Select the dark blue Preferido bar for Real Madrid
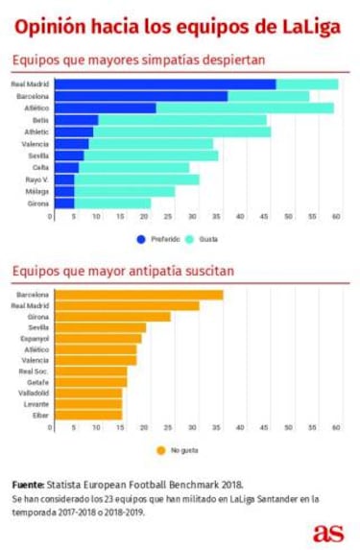pos(163,84)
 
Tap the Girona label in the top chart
pos(38,203)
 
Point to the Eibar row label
pos(40,415)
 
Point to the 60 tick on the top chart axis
pos(336,218)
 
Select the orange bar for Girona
pos(111,316)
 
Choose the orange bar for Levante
pos(87,403)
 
